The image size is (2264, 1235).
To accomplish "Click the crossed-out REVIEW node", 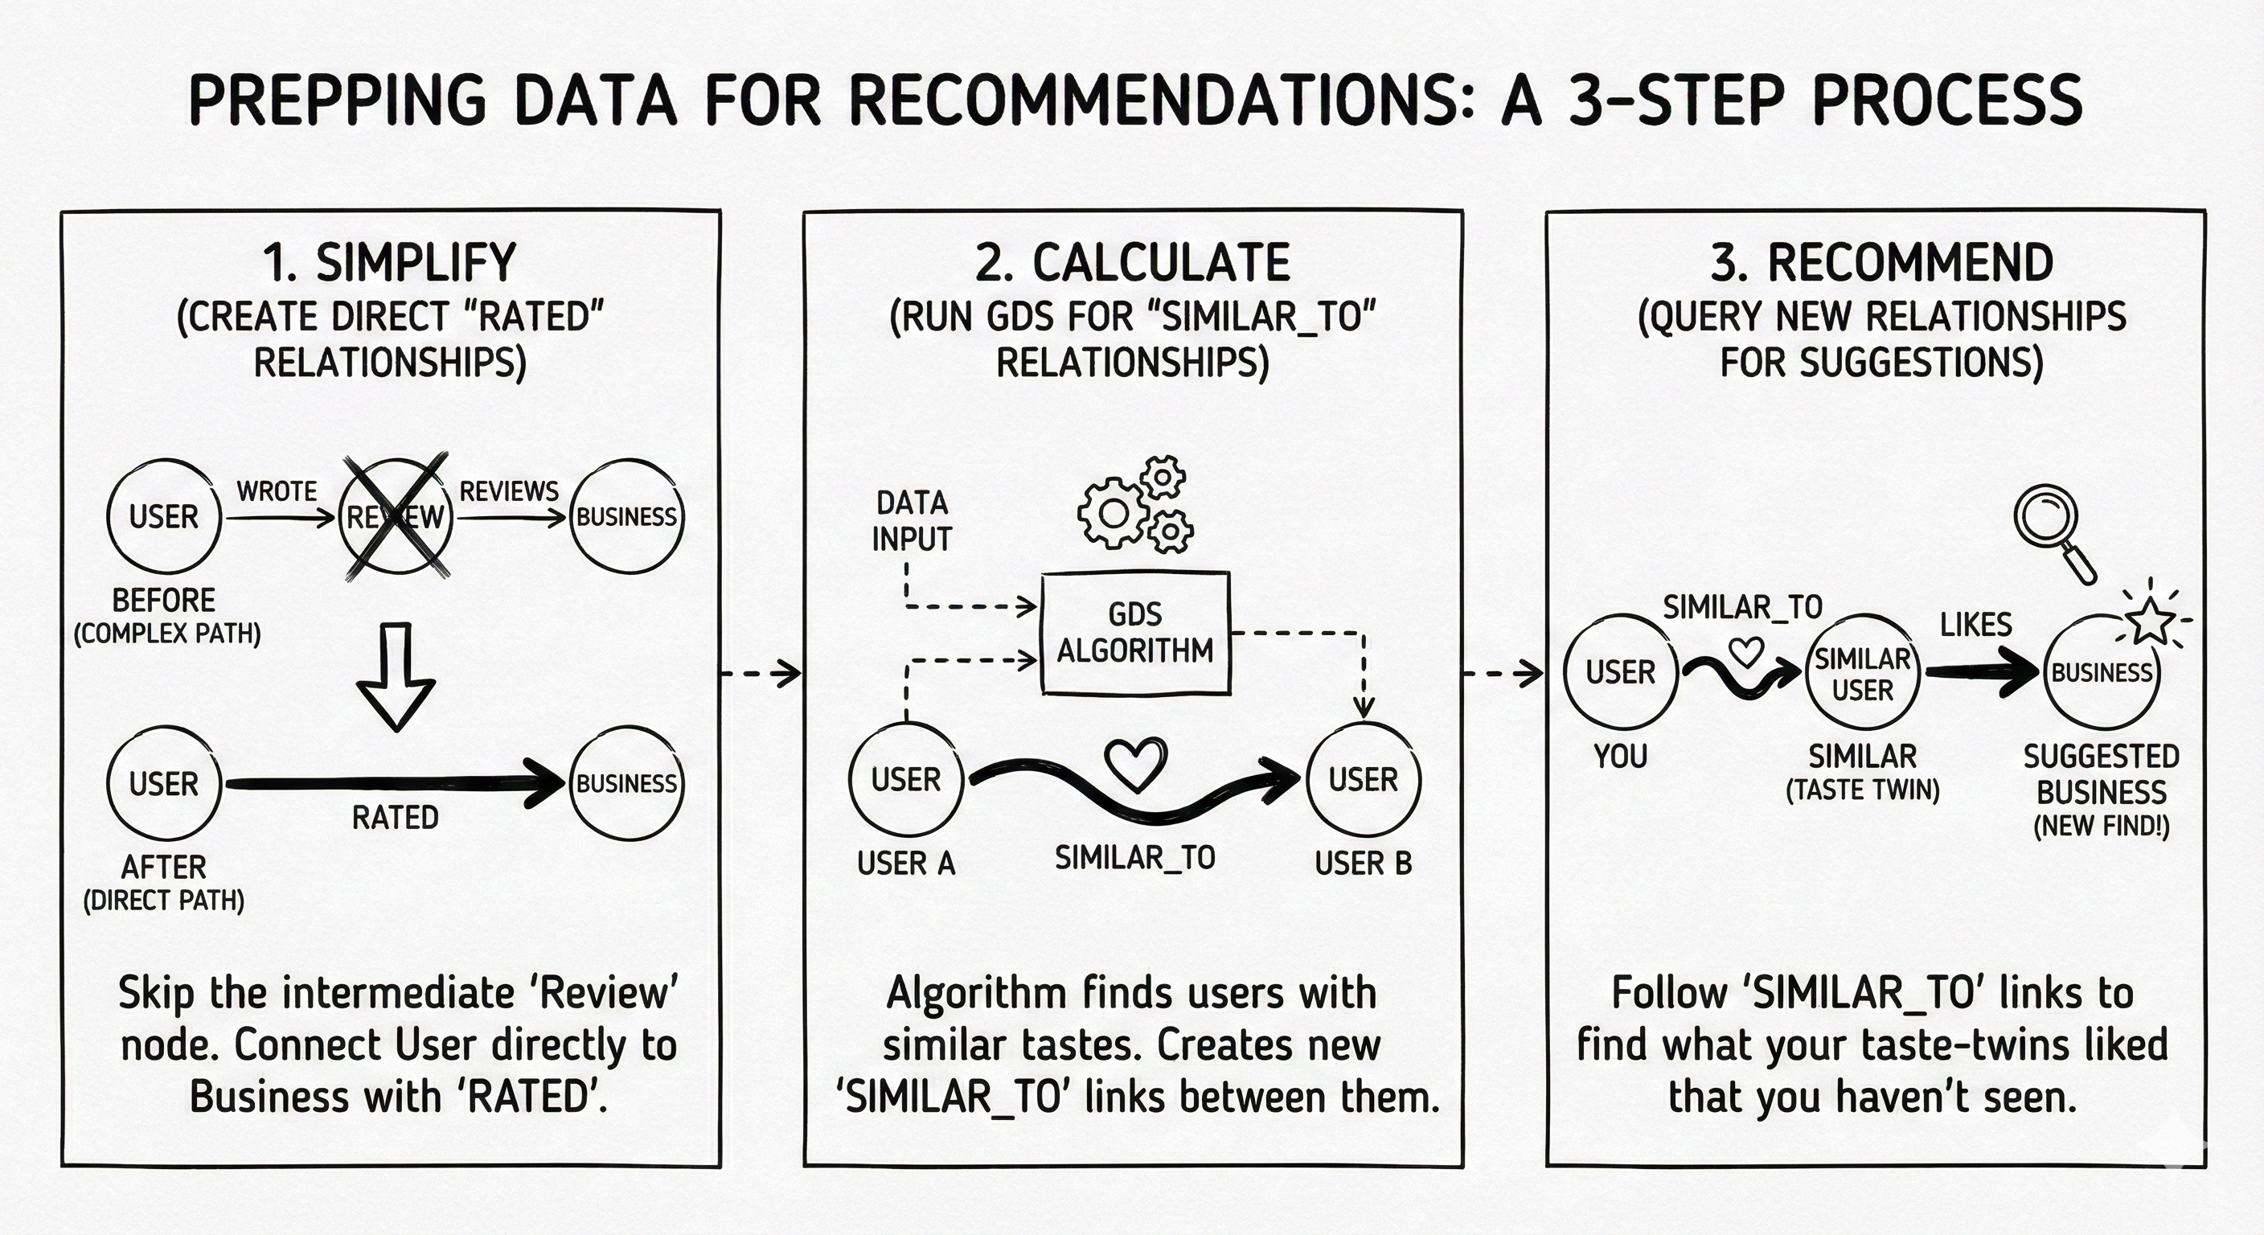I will [396, 517].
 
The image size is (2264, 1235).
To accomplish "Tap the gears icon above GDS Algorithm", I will [1134, 506].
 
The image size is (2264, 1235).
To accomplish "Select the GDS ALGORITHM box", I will [1134, 633].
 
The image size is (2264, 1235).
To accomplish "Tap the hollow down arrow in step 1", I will [396, 677].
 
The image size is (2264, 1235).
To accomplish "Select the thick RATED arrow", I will [396, 783].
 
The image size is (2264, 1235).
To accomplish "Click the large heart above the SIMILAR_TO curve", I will [1134, 762].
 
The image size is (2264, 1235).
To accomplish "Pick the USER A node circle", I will [906, 780].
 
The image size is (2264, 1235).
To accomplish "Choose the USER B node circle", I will [1364, 780].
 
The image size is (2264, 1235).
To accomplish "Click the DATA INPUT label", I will [912, 520].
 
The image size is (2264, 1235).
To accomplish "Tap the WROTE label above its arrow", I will [277, 491].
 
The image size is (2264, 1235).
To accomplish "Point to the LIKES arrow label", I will [1975, 625].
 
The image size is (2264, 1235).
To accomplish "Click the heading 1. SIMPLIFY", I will [389, 263].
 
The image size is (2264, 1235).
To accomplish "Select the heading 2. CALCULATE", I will [1133, 263].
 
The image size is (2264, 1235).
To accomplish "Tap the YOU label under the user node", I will [1621, 756].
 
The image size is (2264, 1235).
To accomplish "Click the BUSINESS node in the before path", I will [626, 517].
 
